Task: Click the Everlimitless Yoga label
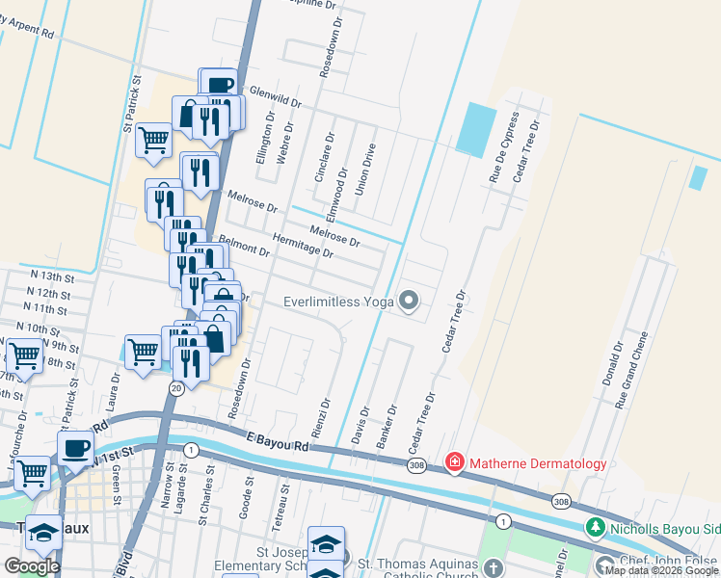tap(339, 302)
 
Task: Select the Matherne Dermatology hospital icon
tap(455, 463)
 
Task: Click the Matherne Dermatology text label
tap(538, 463)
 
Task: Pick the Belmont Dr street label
tap(244, 246)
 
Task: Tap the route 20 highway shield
tap(175, 387)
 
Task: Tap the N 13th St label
tap(50, 276)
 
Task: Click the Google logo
tap(32, 565)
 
